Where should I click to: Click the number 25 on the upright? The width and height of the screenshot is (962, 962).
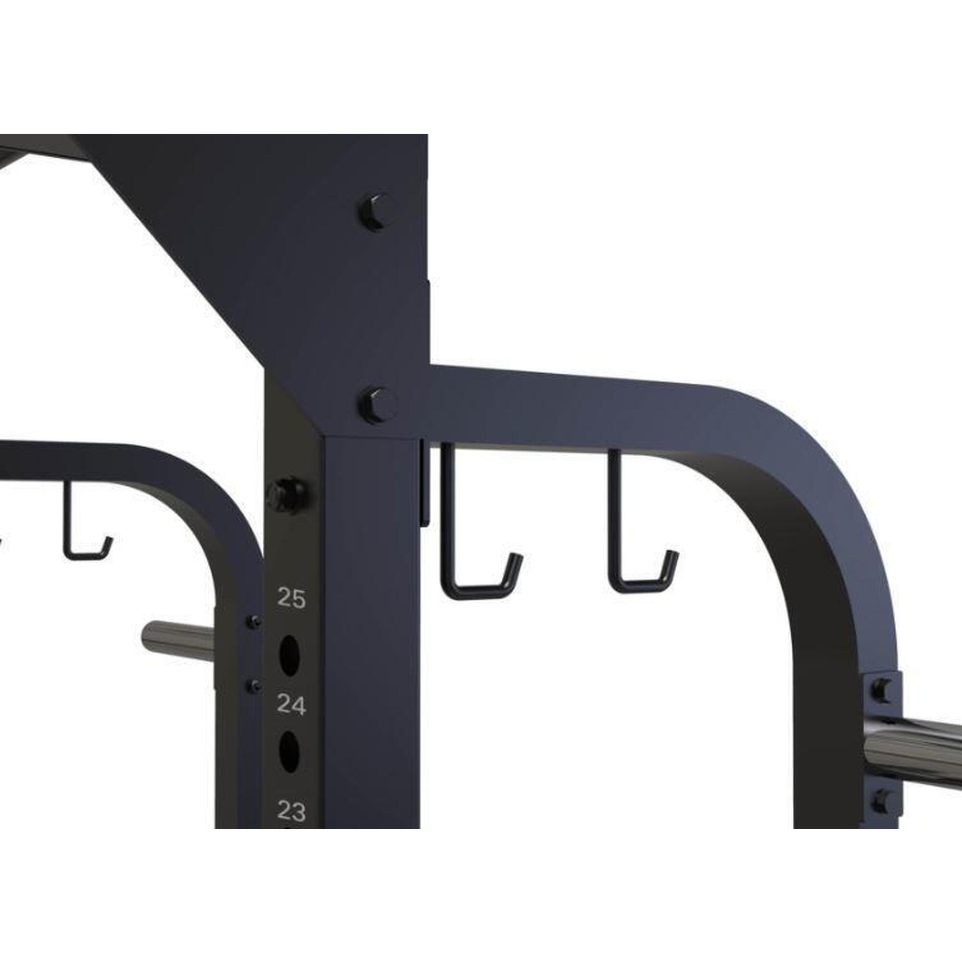291,598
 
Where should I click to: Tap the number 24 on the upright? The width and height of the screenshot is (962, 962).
291,705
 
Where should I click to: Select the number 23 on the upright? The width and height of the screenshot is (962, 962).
291,811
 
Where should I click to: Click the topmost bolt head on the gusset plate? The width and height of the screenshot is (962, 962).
377,212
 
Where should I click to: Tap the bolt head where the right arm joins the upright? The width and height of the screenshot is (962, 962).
377,405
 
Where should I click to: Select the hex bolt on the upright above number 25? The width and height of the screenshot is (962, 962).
286,493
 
